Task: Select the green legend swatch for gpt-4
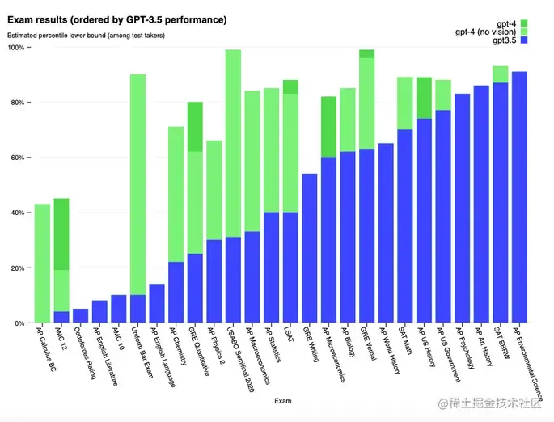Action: point(524,23)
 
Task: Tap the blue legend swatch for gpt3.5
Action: point(524,40)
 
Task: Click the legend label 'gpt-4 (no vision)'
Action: point(485,32)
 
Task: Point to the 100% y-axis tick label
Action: point(16,48)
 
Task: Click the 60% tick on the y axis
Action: point(18,158)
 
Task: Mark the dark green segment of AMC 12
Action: point(61,234)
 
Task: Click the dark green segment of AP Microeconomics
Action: point(328,127)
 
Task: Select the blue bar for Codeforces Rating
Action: point(80,316)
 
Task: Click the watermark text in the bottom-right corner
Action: point(494,403)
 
